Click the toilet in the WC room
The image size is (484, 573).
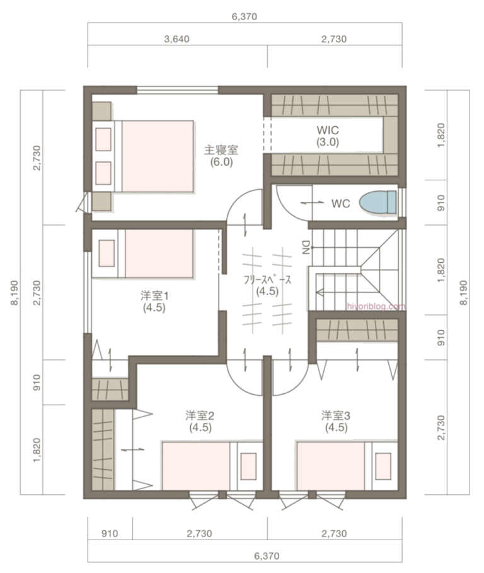[x=377, y=203]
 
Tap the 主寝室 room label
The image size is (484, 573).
[x=221, y=156]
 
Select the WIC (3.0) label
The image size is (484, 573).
[x=328, y=136]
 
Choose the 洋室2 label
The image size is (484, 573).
[x=200, y=421]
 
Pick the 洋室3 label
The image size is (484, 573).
[x=336, y=421]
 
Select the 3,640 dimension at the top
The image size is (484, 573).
[x=176, y=39]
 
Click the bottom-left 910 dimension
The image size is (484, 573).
[x=110, y=533]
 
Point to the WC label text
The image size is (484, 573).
[x=340, y=204]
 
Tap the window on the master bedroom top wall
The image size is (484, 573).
[x=178, y=90]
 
